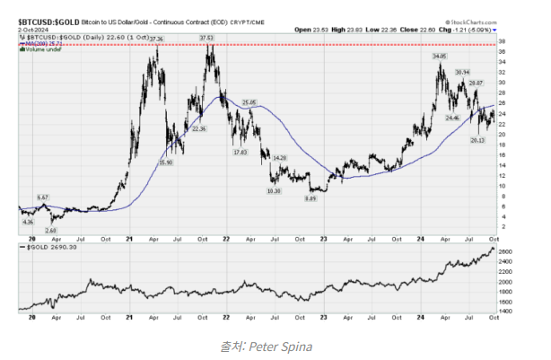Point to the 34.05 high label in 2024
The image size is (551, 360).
pyautogui.click(x=438, y=56)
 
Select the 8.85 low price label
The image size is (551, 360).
pyautogui.click(x=310, y=198)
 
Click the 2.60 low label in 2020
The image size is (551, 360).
pyautogui.click(x=50, y=230)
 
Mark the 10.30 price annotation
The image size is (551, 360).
pyautogui.click(x=274, y=191)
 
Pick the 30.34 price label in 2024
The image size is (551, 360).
pyautogui.click(x=463, y=71)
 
